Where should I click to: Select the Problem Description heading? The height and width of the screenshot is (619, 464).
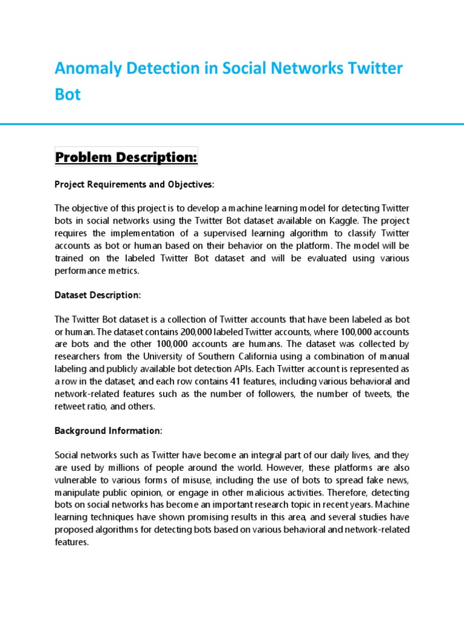pyautogui.click(x=126, y=157)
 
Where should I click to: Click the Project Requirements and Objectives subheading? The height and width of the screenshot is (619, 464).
pyautogui.click(x=134, y=184)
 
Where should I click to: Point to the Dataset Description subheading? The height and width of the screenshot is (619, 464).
pyautogui.click(x=97, y=295)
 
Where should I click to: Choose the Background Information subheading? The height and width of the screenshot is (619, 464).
pyautogui.click(x=108, y=430)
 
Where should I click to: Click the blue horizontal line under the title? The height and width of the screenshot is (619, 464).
pyautogui.click(x=232, y=124)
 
